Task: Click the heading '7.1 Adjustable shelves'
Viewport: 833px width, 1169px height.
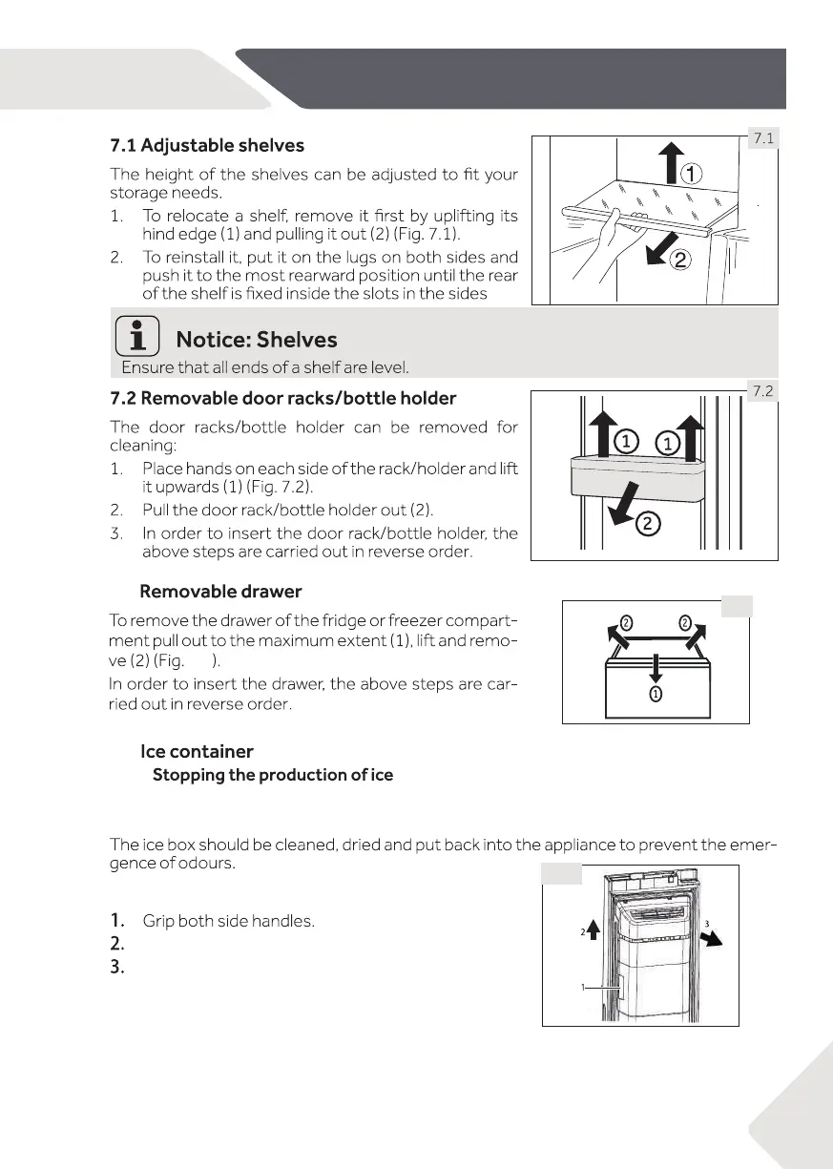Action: pos(207,146)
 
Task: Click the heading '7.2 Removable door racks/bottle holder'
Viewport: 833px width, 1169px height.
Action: pos(283,398)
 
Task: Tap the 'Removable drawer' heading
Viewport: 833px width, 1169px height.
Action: pos(220,592)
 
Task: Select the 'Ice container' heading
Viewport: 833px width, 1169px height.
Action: pos(197,752)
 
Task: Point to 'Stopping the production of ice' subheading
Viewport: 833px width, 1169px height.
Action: pos(273,774)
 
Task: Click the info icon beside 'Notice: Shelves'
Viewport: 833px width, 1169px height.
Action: pos(135,340)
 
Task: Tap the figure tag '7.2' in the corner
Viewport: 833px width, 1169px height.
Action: pos(762,391)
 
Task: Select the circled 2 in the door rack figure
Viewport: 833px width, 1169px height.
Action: pos(647,522)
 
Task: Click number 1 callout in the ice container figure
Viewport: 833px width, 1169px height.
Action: pos(583,988)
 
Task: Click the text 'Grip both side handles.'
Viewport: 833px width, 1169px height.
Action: pos(228,921)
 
